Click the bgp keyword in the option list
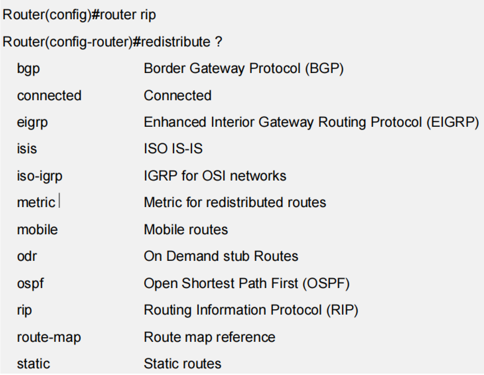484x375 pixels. pos(28,69)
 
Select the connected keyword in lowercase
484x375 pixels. pos(49,96)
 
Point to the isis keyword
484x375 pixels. pos(27,149)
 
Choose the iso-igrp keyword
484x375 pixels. pos(39,176)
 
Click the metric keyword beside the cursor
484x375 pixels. pos(36,202)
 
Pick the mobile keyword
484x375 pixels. pos(37,230)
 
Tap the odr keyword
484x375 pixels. pos(27,256)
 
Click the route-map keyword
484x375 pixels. pos(49,337)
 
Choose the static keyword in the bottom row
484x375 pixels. pos(33,364)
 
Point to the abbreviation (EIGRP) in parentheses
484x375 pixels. pos(453,122)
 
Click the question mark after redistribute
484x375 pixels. pos(218,42)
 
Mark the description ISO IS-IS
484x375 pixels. pos(173,149)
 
